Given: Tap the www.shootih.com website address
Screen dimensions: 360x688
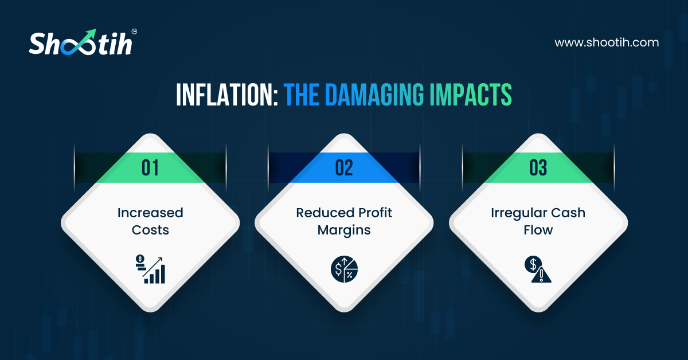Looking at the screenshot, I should pyautogui.click(x=607, y=42).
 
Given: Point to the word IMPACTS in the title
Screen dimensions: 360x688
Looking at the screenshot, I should pyautogui.click(x=471, y=96).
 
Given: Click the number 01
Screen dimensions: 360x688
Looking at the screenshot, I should pyautogui.click(x=150, y=168).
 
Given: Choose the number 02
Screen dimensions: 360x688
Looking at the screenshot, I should pyautogui.click(x=344, y=168).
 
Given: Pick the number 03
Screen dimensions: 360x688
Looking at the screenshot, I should pyautogui.click(x=538, y=168).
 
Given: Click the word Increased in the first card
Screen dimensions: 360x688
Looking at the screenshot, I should pyautogui.click(x=150, y=213).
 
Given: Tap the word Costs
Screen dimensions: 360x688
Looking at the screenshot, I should pyautogui.click(x=150, y=230).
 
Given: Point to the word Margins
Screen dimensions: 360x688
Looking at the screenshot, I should pyautogui.click(x=344, y=230).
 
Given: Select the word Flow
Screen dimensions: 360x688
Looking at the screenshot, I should pyautogui.click(x=538, y=230).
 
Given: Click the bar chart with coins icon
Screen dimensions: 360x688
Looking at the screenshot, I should pyautogui.click(x=151, y=269).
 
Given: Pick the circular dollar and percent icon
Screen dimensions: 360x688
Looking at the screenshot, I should pyautogui.click(x=344, y=269).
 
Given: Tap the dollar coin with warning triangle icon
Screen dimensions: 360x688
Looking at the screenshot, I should pyautogui.click(x=537, y=269).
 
